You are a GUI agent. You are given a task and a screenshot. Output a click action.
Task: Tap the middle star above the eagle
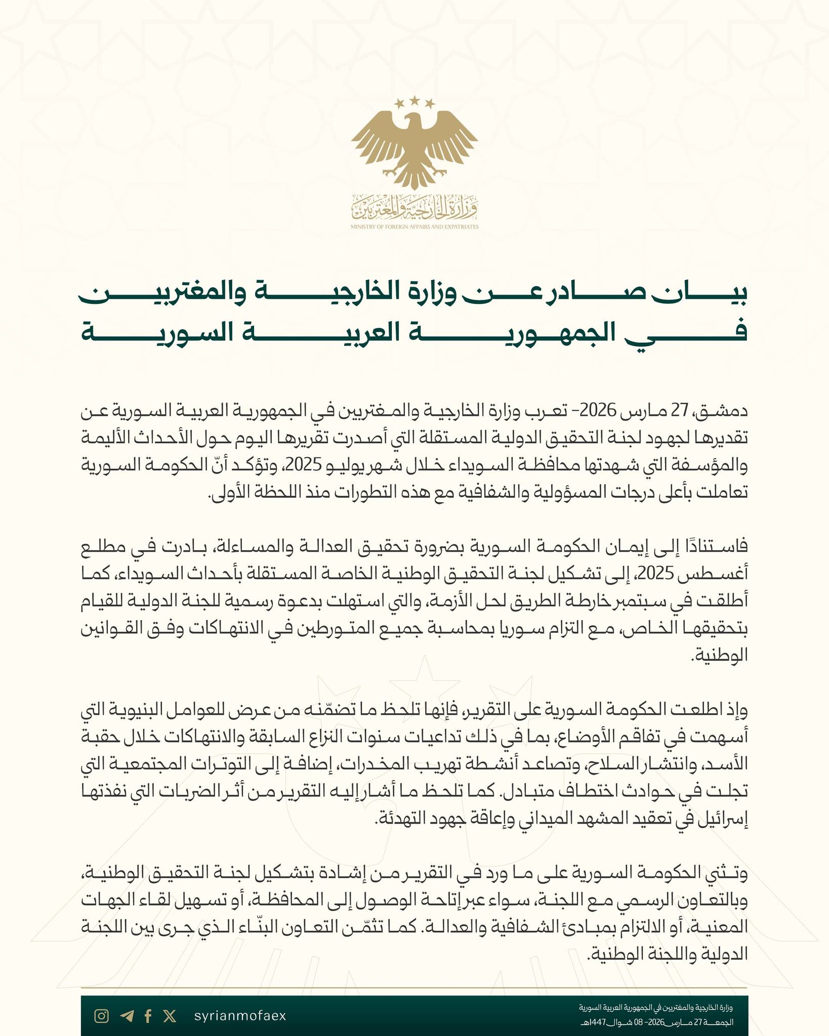pos(415,100)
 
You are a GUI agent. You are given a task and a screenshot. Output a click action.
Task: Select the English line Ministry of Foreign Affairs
pos(414,227)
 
